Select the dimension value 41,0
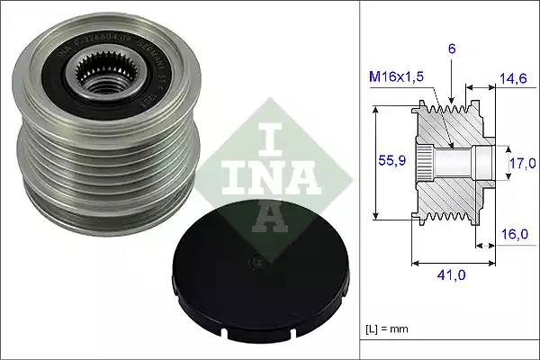coord(449,276)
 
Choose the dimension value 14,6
coord(514,80)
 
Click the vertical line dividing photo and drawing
coord(360,180)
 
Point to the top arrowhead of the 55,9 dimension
coord(377,107)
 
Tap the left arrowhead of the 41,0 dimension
coord(415,263)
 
